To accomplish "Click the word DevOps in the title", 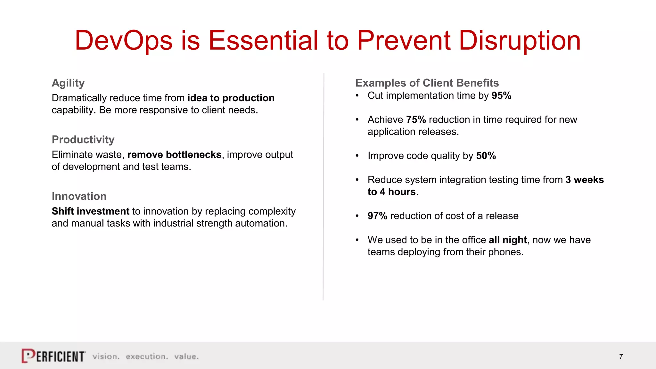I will pos(123,41).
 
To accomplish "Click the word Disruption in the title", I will pos(520,41).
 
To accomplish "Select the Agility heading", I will pos(68,83).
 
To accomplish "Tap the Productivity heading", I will pos(83,140).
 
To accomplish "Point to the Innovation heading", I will pos(79,196).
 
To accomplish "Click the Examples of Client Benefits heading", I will pos(427,83).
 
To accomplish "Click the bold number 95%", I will pos(501,95).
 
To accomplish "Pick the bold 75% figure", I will pos(416,119).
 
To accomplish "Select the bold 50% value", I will pos(486,156).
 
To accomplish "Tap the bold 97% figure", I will pos(377,216).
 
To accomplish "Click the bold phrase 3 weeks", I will pos(585,180).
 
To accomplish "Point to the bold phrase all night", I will pos(508,240).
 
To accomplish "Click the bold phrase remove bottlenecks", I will pos(174,155).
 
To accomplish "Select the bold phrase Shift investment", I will pos(90,211).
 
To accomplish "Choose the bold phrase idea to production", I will pos(231,98).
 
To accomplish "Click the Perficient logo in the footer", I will pos(53,356).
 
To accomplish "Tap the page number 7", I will pos(621,357).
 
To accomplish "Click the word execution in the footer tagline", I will pos(146,357).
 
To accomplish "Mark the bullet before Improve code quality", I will pos(357,156).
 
